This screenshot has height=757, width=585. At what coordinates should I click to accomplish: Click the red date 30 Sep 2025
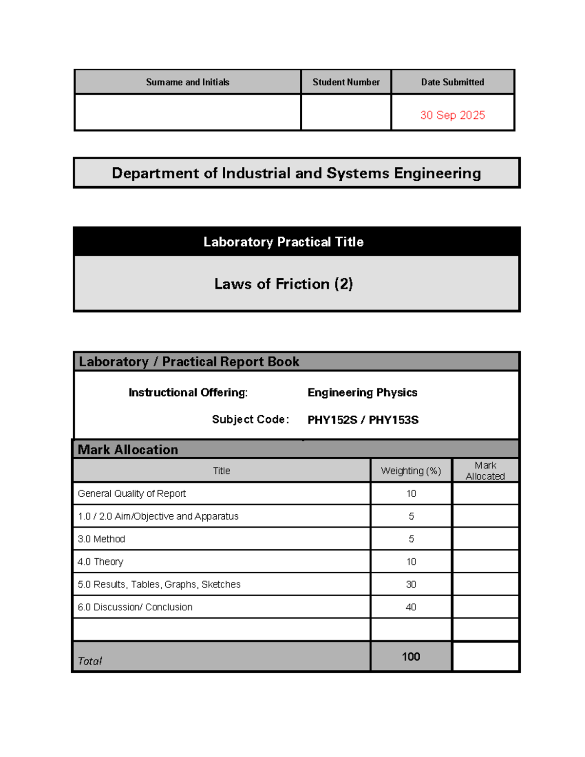pyautogui.click(x=452, y=115)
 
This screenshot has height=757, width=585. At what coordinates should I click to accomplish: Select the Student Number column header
pyautogui.click(x=346, y=82)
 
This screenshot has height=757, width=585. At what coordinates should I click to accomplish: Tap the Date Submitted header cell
pyautogui.click(x=452, y=82)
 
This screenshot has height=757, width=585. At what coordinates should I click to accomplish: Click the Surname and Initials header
pyautogui.click(x=188, y=82)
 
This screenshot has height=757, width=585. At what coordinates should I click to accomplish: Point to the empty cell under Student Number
pyautogui.click(x=346, y=112)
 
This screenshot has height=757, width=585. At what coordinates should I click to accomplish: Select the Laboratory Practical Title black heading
pyautogui.click(x=283, y=242)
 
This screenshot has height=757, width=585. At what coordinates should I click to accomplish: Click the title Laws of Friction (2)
pyautogui.click(x=283, y=284)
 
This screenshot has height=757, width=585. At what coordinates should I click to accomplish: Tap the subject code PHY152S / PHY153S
pyautogui.click(x=363, y=420)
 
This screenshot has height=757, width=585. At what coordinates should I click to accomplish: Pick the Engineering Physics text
pyautogui.click(x=362, y=392)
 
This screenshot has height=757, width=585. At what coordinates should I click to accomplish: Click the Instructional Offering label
pyautogui.click(x=188, y=392)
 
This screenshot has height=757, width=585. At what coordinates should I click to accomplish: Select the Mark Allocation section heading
pyautogui.click(x=128, y=449)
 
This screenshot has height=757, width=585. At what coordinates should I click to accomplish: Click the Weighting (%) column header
pyautogui.click(x=411, y=471)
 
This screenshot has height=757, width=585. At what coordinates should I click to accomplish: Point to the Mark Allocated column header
pyautogui.click(x=486, y=471)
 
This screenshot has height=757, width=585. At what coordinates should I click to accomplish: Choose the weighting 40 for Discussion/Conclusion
pyautogui.click(x=411, y=607)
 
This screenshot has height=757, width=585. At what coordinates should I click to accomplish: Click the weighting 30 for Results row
pyautogui.click(x=411, y=584)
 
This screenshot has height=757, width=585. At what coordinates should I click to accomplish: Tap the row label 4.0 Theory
pyautogui.click(x=100, y=562)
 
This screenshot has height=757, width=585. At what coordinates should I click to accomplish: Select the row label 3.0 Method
pyautogui.click(x=101, y=539)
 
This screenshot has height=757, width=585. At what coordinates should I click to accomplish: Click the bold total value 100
pyautogui.click(x=411, y=657)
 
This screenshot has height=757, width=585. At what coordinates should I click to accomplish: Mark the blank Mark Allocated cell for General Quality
pyautogui.click(x=486, y=493)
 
